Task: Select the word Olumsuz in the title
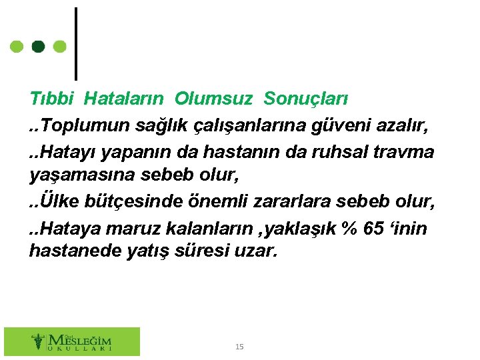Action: [213, 99]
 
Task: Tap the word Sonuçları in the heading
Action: [306, 99]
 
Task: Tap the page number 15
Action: [240, 347]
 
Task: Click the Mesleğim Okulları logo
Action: [72, 341]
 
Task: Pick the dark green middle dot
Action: [39, 47]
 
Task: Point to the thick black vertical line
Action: [76, 43]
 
